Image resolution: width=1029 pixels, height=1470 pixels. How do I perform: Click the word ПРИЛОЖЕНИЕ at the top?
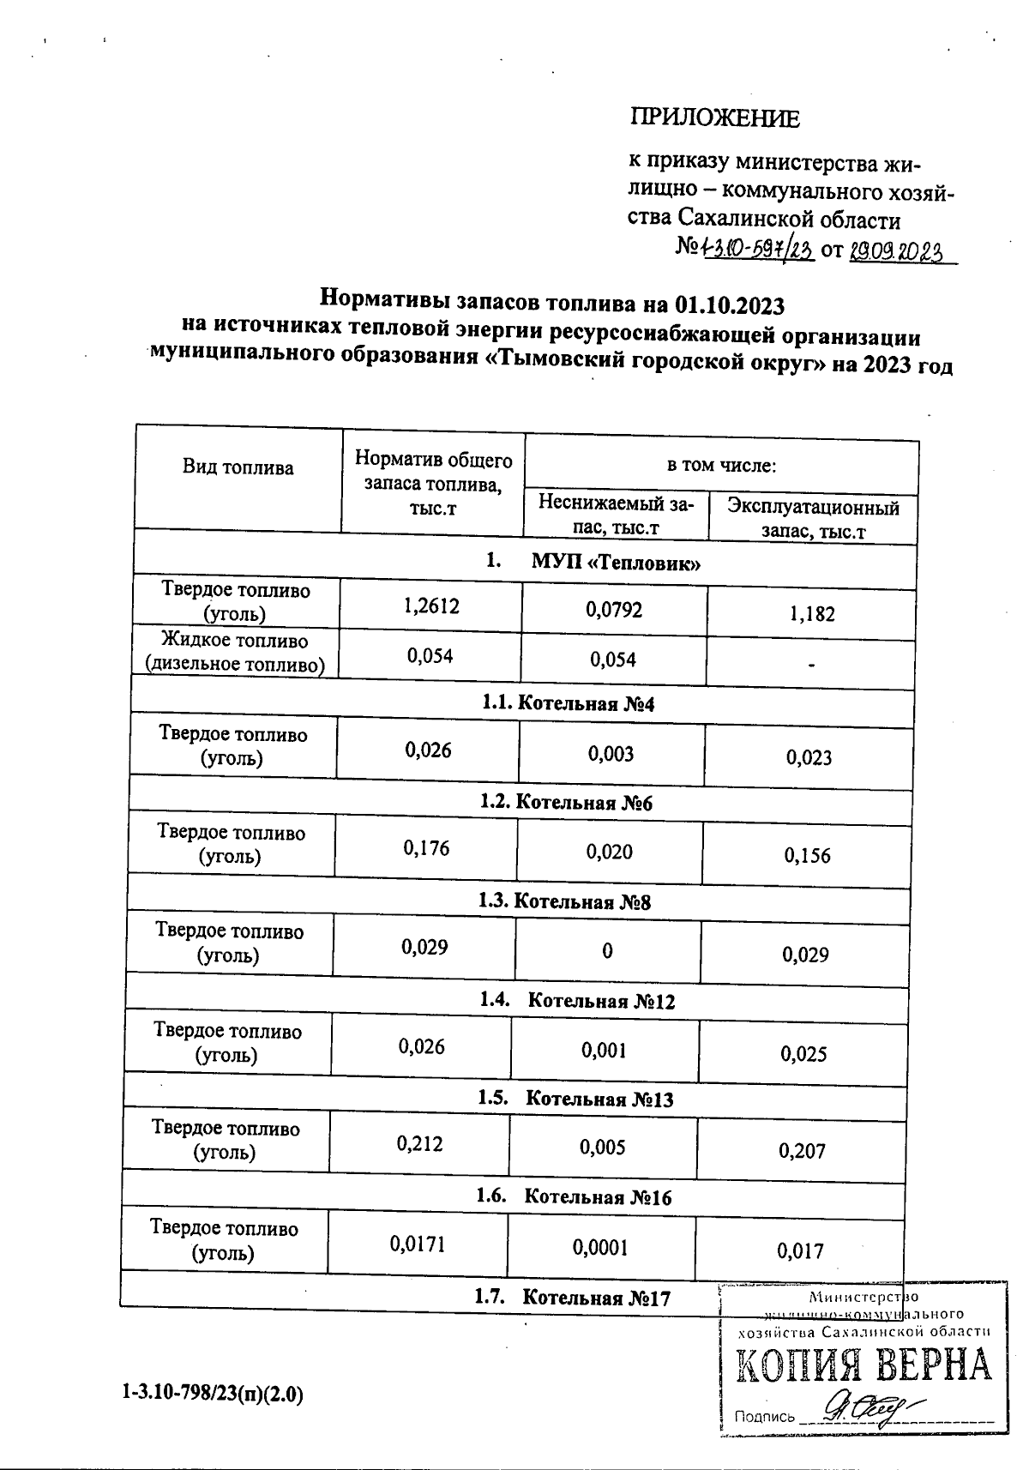[x=715, y=118]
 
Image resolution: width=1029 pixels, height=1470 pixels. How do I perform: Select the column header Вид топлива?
[x=238, y=467]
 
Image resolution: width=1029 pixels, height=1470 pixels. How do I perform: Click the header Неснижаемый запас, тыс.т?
[x=616, y=515]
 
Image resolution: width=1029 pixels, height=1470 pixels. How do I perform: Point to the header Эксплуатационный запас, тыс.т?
[x=813, y=519]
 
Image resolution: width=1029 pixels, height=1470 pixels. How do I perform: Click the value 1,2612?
[x=431, y=606]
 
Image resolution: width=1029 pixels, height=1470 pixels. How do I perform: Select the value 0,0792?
[x=614, y=610]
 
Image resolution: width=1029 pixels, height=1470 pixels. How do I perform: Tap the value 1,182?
[x=813, y=614]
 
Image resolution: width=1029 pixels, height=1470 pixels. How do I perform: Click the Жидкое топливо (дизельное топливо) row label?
[x=235, y=653]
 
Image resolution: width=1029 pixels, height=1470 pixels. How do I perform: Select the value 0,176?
[x=426, y=849]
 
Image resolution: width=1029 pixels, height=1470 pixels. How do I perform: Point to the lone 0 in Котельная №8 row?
[x=607, y=950]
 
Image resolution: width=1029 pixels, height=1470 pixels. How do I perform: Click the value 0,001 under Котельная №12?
[x=604, y=1050]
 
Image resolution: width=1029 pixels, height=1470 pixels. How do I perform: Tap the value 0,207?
[x=802, y=1151]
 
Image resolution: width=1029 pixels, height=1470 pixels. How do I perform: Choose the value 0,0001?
[x=600, y=1248]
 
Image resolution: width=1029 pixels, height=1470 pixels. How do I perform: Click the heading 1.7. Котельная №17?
[x=572, y=1298]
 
